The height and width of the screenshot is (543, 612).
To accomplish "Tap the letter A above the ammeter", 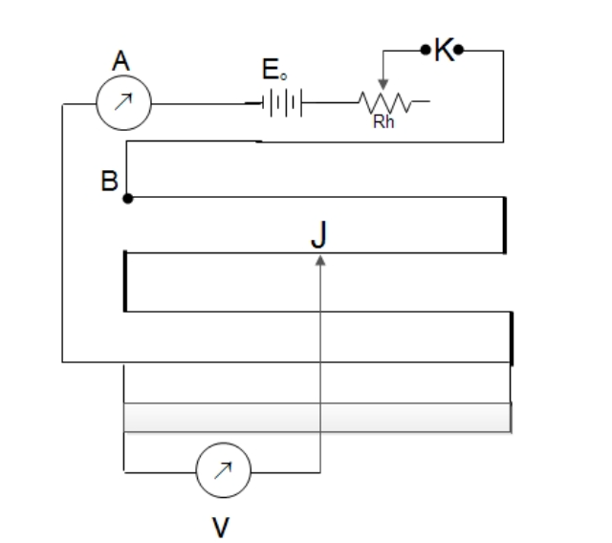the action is tap(120, 61).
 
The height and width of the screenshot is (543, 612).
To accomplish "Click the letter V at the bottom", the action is tap(221, 527).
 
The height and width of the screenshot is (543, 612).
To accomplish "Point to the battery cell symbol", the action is tap(282, 103).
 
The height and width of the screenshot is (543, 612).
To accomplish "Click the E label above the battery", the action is tap(274, 70).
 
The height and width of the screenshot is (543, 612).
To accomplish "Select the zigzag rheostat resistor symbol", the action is tap(384, 102).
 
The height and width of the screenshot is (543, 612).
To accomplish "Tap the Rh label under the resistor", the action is tap(383, 122).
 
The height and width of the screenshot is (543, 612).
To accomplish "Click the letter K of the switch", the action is tap(444, 50).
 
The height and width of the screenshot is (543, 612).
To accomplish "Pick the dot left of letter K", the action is tap(426, 50).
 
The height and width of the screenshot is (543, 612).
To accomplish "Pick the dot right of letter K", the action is tap(459, 50).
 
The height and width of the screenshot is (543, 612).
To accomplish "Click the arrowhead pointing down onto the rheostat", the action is tap(383, 84).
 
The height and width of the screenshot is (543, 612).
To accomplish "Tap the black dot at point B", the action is tap(127, 199).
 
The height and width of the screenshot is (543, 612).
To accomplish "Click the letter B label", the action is tap(109, 181).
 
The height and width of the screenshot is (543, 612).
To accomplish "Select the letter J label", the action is tap(318, 234).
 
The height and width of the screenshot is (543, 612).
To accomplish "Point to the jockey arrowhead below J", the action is tap(320, 260).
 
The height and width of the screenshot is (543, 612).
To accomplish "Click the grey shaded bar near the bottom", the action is tap(317, 418).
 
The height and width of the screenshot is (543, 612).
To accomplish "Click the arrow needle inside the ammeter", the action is tap(123, 101).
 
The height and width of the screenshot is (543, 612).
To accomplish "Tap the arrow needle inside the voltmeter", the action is tap(223, 470).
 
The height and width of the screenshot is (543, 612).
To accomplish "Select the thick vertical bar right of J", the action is tap(505, 225).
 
